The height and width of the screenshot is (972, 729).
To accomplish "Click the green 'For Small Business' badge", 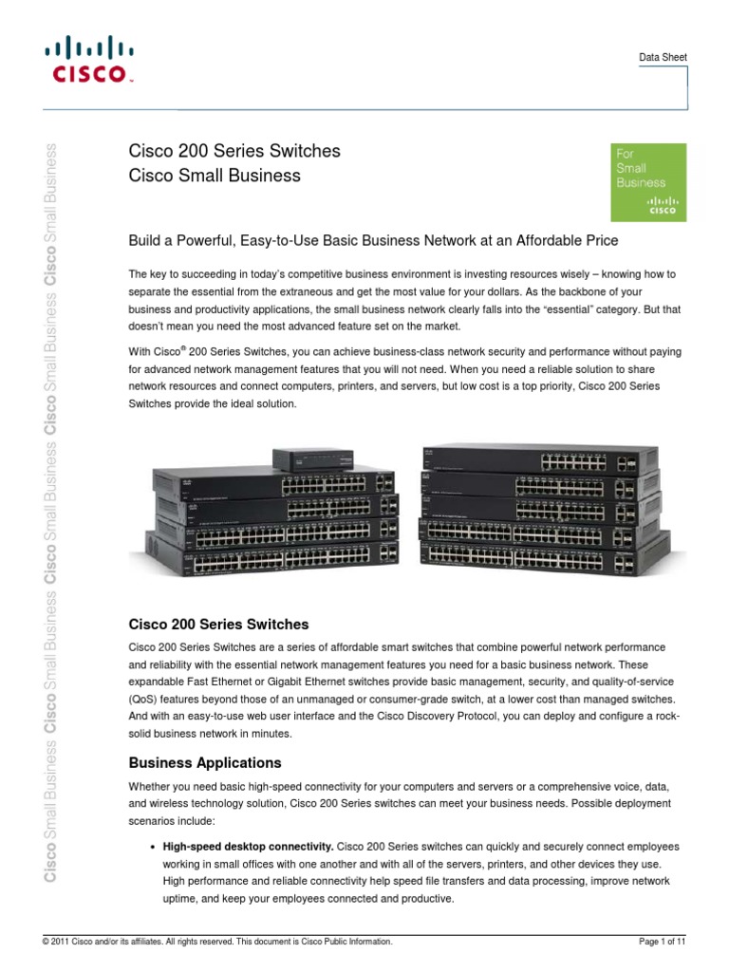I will [x=646, y=183].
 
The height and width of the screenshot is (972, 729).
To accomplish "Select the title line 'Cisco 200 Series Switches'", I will [x=234, y=151].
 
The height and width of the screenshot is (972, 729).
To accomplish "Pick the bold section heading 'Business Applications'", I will [x=205, y=762].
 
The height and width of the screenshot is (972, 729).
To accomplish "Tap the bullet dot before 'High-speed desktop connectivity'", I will [x=152, y=846].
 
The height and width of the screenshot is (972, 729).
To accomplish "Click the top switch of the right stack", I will [x=541, y=461].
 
